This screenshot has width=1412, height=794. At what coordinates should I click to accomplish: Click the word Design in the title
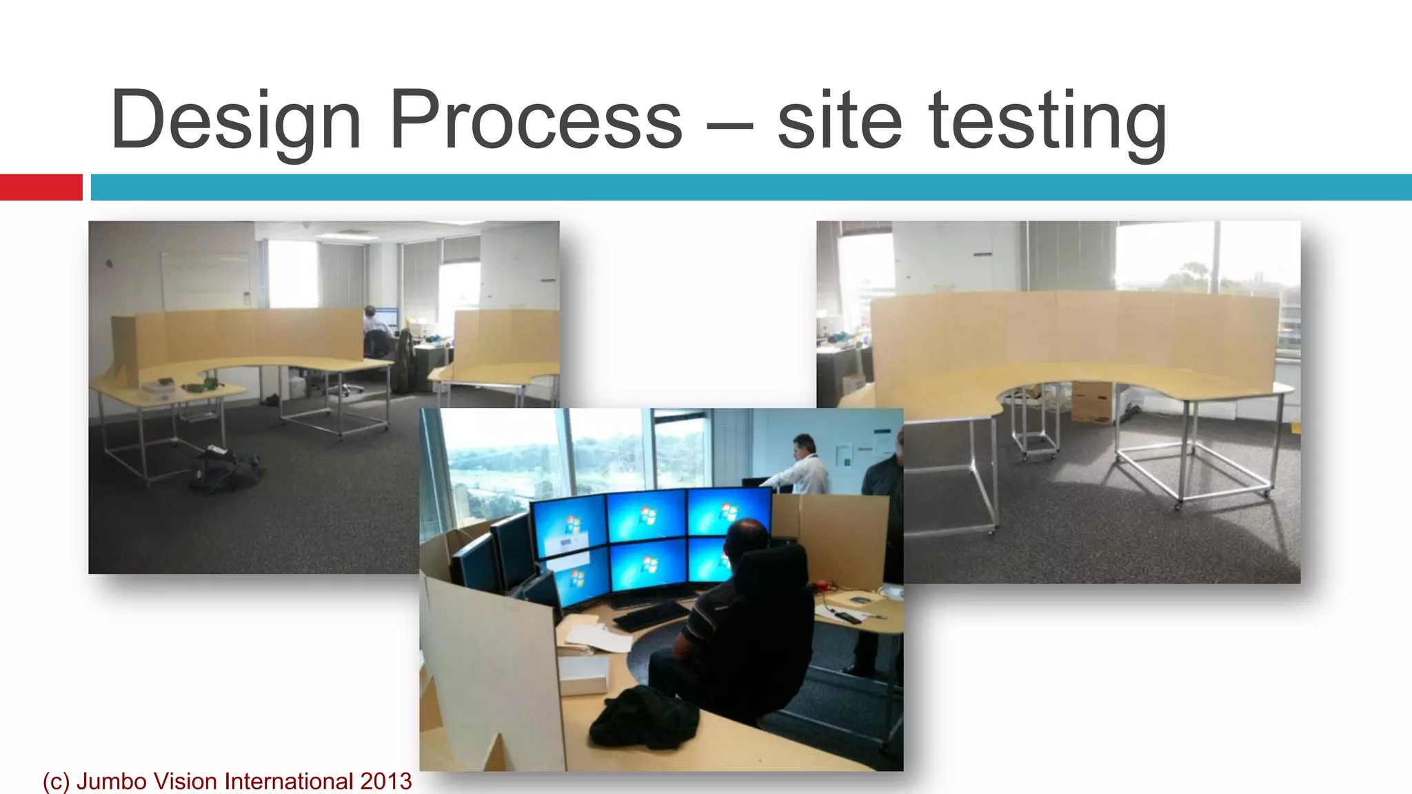coord(236,121)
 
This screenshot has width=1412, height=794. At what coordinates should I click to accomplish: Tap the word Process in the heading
coord(536,120)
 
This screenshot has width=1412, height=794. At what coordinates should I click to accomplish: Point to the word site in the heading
coord(839,120)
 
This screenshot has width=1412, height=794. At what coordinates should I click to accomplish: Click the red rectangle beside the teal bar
coord(41,187)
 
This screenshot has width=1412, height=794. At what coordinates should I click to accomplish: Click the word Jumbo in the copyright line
coord(112,782)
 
